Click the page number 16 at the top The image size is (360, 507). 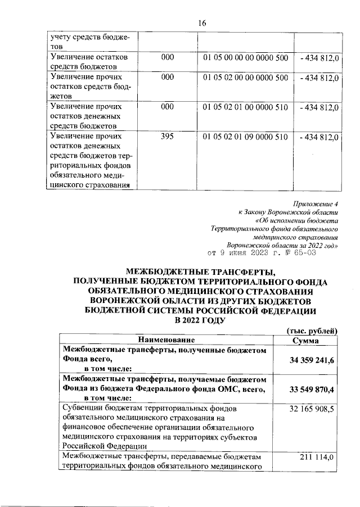click(x=202, y=22)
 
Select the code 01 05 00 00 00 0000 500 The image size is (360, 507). click(x=245, y=57)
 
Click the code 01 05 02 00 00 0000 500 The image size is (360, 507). click(x=245, y=77)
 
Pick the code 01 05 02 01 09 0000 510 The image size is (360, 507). click(x=245, y=137)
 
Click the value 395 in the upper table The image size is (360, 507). click(x=168, y=137)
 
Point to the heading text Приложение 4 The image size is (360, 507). click(x=317, y=203)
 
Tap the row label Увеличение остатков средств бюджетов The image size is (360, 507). click(x=90, y=62)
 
